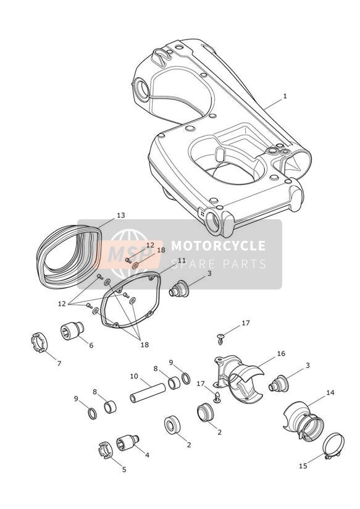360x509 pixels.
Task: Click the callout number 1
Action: (x=285, y=96)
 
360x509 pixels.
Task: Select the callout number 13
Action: (x=121, y=215)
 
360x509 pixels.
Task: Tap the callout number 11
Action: (x=182, y=261)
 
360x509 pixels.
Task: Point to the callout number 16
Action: (x=281, y=353)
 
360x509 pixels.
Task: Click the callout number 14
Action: (x=330, y=392)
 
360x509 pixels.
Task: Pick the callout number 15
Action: (x=303, y=466)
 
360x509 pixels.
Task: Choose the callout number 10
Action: (x=134, y=377)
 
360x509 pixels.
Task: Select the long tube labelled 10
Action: (x=148, y=393)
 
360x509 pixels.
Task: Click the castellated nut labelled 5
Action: (x=105, y=450)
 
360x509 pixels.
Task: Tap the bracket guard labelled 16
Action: (x=234, y=373)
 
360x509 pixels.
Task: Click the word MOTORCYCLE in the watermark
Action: (x=219, y=246)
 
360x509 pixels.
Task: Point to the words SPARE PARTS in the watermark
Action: (x=219, y=264)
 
